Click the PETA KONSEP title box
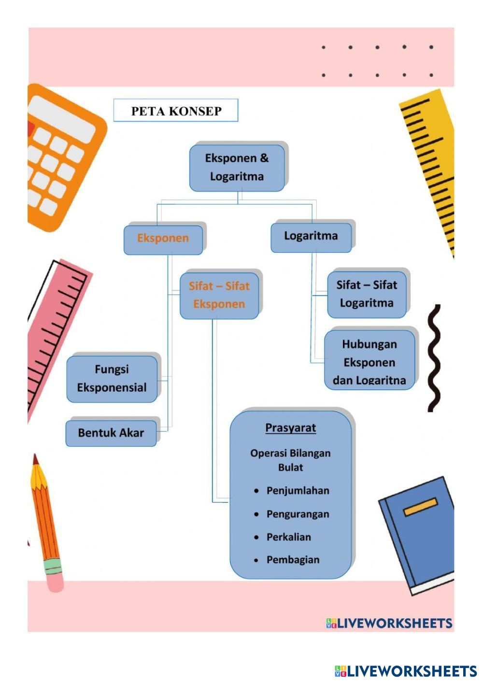pyautogui.click(x=176, y=111)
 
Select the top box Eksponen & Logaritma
pyautogui.click(x=237, y=168)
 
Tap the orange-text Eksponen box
pyautogui.click(x=163, y=240)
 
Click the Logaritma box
pyautogui.click(x=311, y=238)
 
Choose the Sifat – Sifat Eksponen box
pyautogui.click(x=219, y=296)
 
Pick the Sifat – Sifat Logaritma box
pyautogui.click(x=367, y=295)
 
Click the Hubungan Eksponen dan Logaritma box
pyautogui.click(x=369, y=360)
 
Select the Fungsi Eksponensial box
pyautogui.click(x=112, y=379)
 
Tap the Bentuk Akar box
pyautogui.click(x=111, y=433)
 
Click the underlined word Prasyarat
pyautogui.click(x=291, y=427)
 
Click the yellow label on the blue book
pyautogui.click(x=421, y=507)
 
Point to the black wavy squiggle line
pyautogui.click(x=434, y=358)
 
